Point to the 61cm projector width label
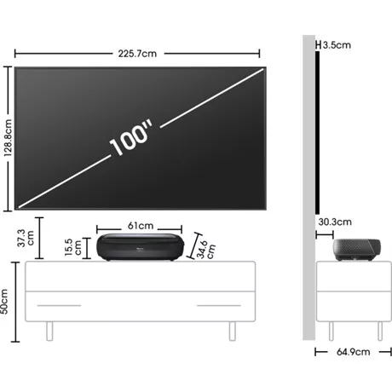click(141, 226)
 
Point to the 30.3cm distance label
click(335, 222)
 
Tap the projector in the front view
click(140, 248)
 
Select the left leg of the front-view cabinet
click(50, 329)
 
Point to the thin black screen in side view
click(316, 128)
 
